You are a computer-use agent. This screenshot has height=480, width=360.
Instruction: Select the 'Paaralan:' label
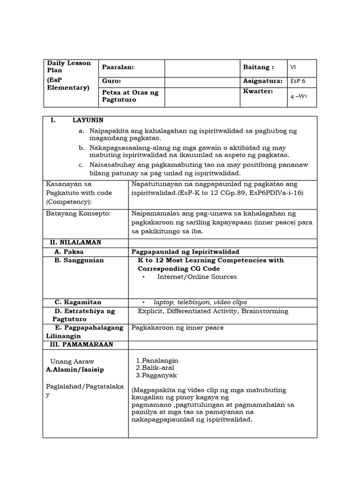tap(118, 67)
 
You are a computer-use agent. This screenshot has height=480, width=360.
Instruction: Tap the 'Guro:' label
tap(112, 82)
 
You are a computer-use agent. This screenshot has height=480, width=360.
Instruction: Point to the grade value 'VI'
tap(293, 67)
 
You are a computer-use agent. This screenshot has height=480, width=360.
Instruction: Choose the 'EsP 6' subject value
tap(298, 81)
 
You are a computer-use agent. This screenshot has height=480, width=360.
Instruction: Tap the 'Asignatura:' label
tap(263, 81)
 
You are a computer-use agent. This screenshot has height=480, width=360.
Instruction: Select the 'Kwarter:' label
tap(258, 91)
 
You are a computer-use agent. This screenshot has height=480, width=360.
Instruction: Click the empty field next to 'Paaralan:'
tap(202, 67)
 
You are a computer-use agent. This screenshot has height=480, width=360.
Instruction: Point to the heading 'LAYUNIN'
tap(88, 120)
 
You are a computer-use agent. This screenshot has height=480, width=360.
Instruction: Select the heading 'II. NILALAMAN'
tap(75, 242)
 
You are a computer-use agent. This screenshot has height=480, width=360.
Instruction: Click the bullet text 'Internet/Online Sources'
tap(197, 277)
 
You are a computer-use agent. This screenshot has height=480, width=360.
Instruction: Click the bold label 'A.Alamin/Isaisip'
tap(75, 369)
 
